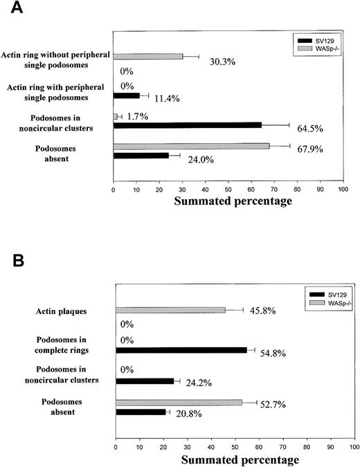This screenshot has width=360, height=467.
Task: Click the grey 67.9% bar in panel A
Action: point(191,146)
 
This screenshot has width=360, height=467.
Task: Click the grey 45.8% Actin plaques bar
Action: point(170,310)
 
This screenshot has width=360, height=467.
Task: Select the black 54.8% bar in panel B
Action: point(181,350)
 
